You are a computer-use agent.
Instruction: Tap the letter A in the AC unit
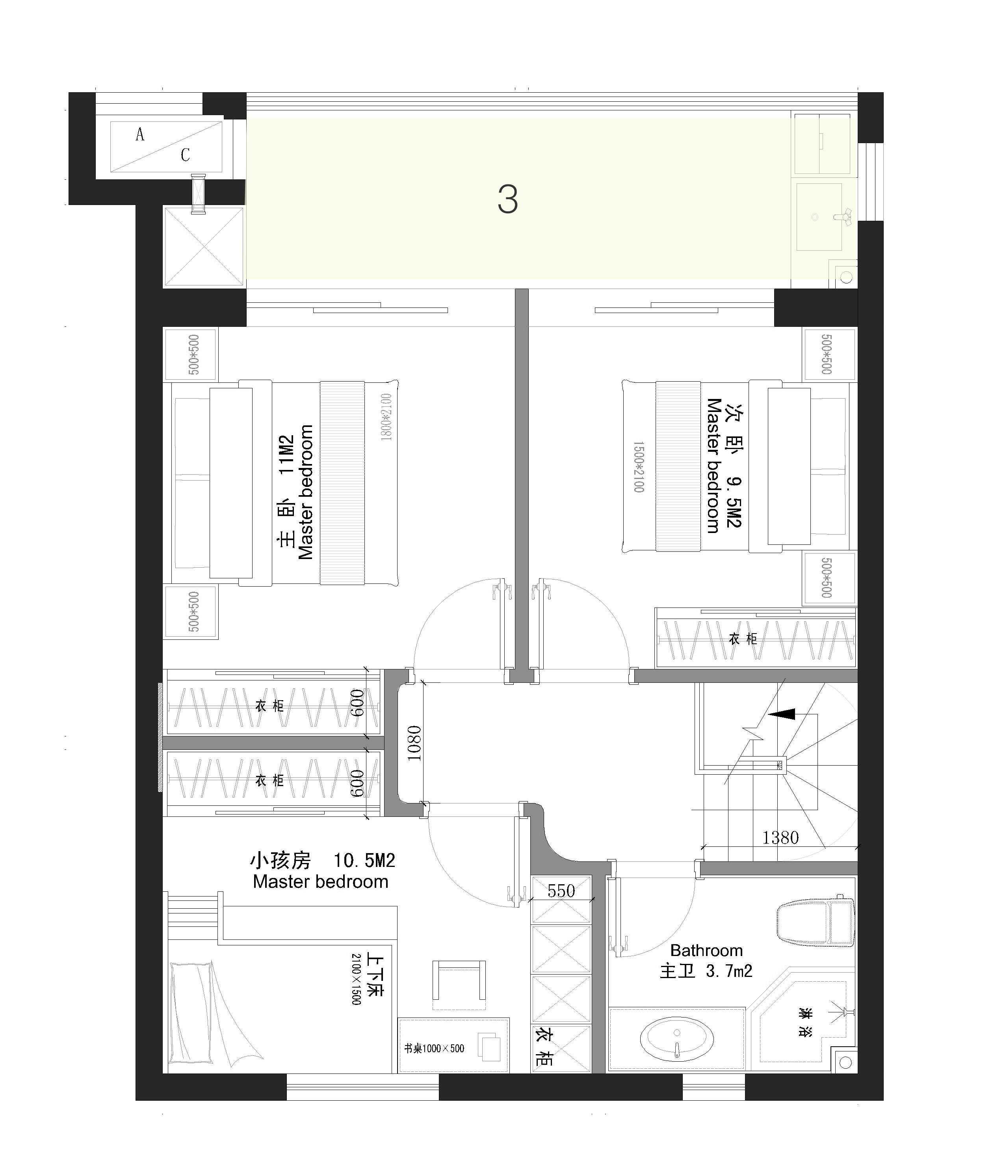point(140,134)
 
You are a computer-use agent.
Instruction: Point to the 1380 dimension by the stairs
point(780,838)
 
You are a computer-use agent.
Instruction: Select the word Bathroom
point(706,950)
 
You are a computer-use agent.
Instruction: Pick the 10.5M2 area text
point(364,861)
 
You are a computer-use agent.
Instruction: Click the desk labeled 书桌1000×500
point(453,1046)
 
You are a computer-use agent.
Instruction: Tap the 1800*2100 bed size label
point(386,417)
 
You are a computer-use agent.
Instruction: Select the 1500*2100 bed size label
point(638,467)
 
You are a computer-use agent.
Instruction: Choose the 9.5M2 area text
point(734,502)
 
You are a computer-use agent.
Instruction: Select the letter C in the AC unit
point(185,155)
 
